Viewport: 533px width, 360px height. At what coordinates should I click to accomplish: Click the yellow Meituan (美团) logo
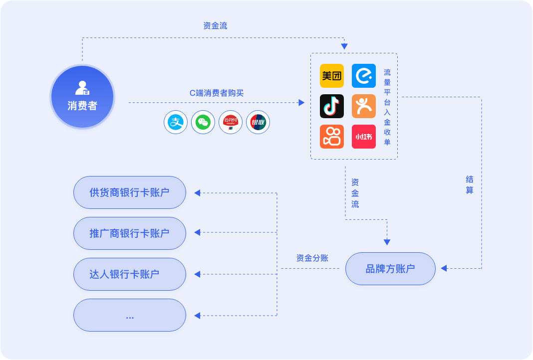coord(332,76)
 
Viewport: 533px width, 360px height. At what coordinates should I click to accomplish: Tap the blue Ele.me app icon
coord(364,76)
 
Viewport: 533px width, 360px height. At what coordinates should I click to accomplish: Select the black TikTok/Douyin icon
coord(332,106)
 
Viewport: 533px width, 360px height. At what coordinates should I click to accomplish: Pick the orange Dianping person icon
coord(364,106)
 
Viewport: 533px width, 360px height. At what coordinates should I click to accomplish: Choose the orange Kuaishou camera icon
coord(332,137)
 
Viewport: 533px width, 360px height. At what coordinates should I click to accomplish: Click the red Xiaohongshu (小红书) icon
coord(364,137)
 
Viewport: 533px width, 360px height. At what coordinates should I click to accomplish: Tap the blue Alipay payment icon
coord(176,122)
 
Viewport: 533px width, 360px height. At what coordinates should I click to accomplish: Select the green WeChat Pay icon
coord(203,122)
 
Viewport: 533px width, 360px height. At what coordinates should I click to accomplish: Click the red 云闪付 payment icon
coord(231,122)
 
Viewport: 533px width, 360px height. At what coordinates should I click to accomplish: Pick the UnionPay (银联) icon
coord(258,122)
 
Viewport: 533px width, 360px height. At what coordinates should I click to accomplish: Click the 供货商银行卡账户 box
coord(130,192)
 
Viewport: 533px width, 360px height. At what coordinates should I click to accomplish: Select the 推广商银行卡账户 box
coord(130,233)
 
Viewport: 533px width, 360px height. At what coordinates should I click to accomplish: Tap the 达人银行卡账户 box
coord(130,274)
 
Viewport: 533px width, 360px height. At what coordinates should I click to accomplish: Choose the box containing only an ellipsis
coord(130,315)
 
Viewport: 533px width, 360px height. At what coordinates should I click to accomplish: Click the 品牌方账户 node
coord(390,269)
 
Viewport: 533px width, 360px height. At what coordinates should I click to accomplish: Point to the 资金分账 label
coord(312,258)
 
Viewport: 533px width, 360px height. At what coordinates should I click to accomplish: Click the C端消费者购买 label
coord(217,93)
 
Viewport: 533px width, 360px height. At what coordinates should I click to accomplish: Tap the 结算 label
coord(470,184)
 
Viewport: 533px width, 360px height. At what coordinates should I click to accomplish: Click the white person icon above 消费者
coord(82,88)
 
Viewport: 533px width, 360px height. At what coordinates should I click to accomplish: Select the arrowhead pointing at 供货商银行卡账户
coord(197,193)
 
